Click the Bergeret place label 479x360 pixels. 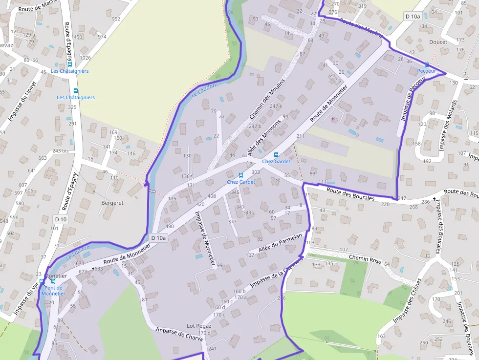(x=112, y=202)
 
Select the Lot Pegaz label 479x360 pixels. (x=199, y=326)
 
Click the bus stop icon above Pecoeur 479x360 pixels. (x=426, y=65)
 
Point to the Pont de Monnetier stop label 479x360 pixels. (x=53, y=291)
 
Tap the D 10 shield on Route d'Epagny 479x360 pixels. (x=61, y=219)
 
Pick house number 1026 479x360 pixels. (x=86, y=58)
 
